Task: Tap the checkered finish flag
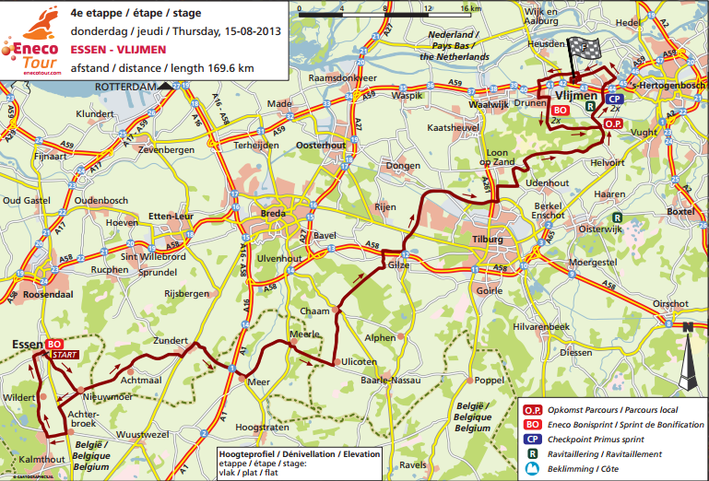coord(579,51)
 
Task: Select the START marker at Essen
coord(65,354)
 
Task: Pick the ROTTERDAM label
coord(127,86)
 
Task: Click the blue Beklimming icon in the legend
coord(532,469)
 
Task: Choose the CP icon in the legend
coord(532,439)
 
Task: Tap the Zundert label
coord(171,340)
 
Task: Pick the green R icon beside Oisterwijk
coord(620,219)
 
